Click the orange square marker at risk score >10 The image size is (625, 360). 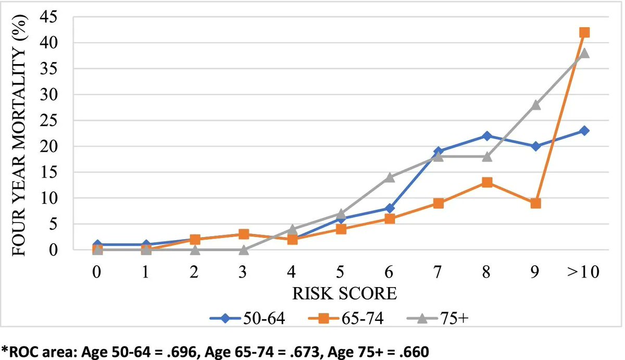pyautogui.click(x=584, y=32)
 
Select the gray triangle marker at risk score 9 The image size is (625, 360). pyautogui.click(x=536, y=105)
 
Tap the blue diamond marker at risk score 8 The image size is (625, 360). pyautogui.click(x=487, y=136)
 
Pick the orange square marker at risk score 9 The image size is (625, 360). pyautogui.click(x=536, y=203)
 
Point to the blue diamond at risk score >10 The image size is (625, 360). pyautogui.click(x=584, y=131)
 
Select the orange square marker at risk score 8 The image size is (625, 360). pyautogui.click(x=487, y=182)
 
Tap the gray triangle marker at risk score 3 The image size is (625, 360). pyautogui.click(x=243, y=250)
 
